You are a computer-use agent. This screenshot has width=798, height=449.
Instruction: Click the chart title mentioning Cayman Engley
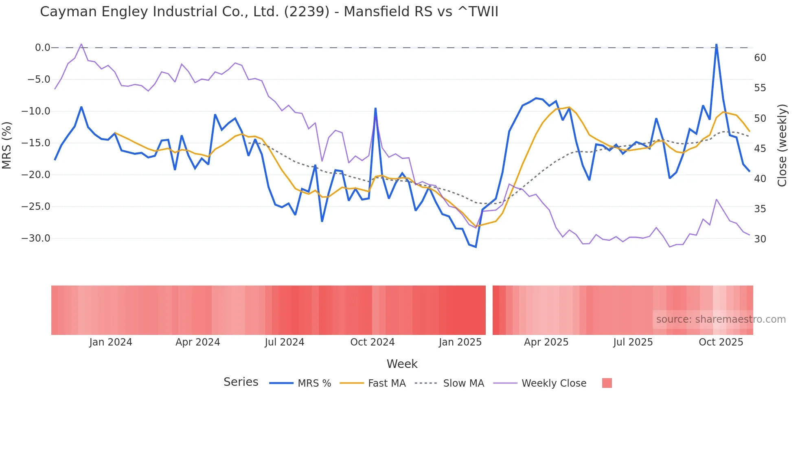[269, 12]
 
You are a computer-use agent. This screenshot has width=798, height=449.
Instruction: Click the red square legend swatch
[607, 383]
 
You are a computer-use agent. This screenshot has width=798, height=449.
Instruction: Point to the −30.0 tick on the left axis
[36, 238]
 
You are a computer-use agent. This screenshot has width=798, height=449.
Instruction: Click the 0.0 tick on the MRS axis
[42, 48]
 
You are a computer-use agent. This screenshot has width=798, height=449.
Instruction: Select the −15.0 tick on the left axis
[36, 143]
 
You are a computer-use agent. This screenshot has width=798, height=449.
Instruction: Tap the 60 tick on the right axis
[760, 58]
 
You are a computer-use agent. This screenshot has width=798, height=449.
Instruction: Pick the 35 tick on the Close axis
[760, 209]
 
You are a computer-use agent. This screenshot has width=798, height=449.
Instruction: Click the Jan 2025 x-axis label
[460, 342]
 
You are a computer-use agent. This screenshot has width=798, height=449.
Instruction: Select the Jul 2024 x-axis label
[284, 342]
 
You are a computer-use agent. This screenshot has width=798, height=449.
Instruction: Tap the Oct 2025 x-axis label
[721, 342]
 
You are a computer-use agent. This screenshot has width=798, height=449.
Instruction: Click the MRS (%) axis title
[7, 145]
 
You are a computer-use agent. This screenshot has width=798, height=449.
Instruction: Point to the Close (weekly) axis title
[782, 145]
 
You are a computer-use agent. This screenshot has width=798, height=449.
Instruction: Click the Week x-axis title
[402, 364]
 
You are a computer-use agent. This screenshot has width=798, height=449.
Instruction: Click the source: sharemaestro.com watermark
[721, 319]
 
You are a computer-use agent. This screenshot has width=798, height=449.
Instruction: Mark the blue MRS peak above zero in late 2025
[716, 44]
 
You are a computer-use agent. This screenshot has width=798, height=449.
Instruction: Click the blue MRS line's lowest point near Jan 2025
[476, 247]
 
